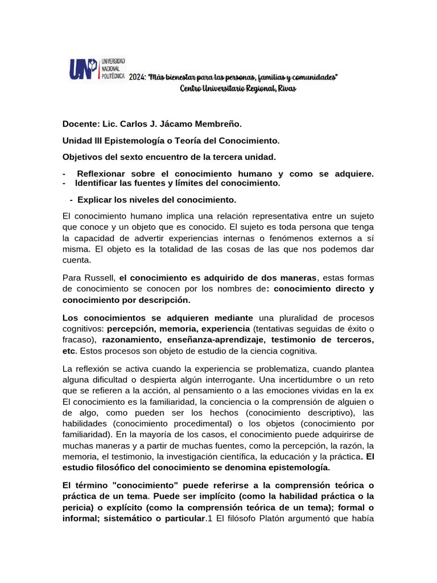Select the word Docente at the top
tap(80, 124)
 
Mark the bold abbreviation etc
tap(69, 350)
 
